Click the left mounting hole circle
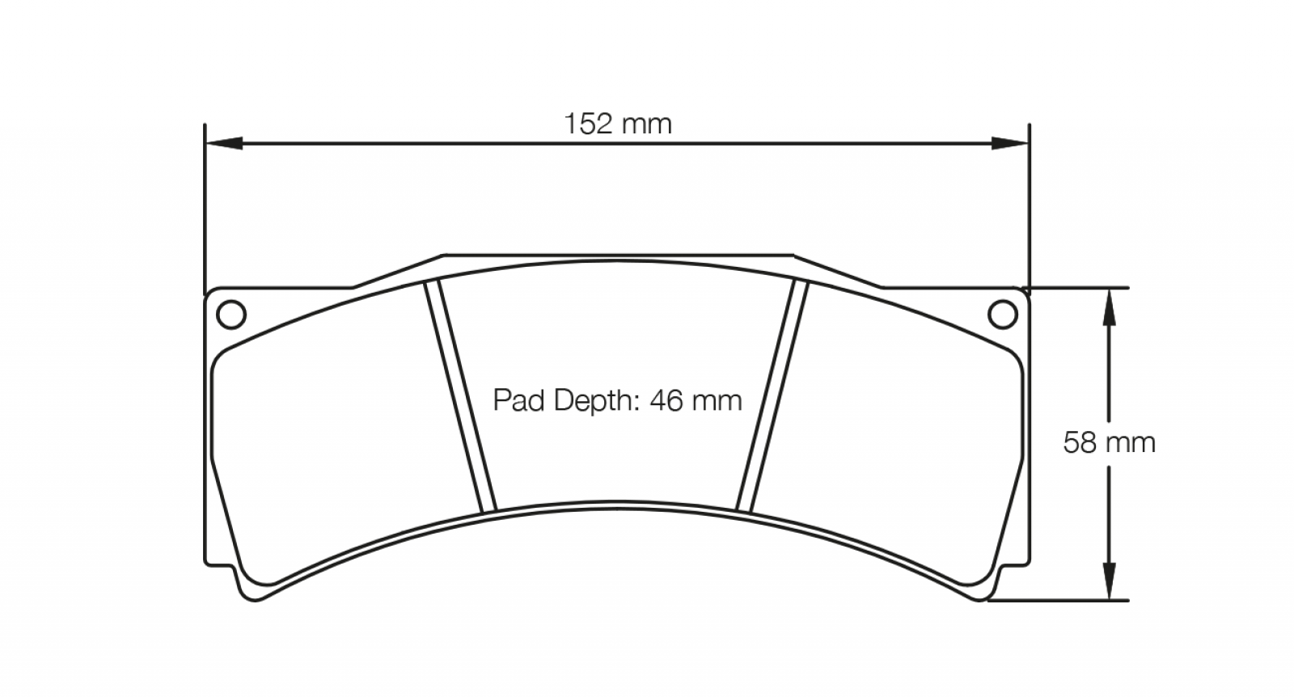pyautogui.click(x=231, y=315)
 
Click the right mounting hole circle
pyautogui.click(x=1003, y=315)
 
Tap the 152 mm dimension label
pyautogui.click(x=618, y=125)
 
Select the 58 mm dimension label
pyautogui.click(x=1109, y=443)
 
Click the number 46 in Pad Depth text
pyautogui.click(x=666, y=401)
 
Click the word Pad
pyautogui.click(x=518, y=401)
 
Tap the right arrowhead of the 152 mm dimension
pyautogui.click(x=1010, y=142)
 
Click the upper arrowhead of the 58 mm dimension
pyautogui.click(x=1109, y=306)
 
